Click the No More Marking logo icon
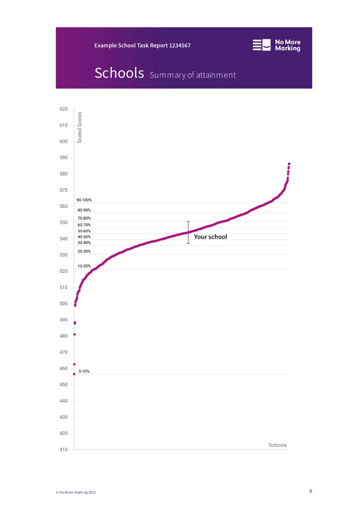click(x=261, y=45)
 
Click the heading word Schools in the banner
click(x=119, y=73)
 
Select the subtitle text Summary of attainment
click(x=193, y=75)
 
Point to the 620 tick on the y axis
click(x=63, y=109)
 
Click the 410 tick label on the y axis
click(x=63, y=449)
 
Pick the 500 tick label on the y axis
click(x=63, y=303)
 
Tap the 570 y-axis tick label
click(x=63, y=190)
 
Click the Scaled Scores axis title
click(x=80, y=127)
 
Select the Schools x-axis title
click(x=278, y=445)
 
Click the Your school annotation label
click(x=210, y=237)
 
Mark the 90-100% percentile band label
click(x=84, y=200)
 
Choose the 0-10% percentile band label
click(x=84, y=372)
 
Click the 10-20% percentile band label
click(x=84, y=266)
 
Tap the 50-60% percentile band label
click(x=84, y=231)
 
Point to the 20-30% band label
click(x=84, y=251)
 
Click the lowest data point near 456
click(x=74, y=374)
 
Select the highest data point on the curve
click(x=289, y=164)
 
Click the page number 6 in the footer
click(x=311, y=491)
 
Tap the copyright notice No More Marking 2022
click(x=76, y=492)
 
